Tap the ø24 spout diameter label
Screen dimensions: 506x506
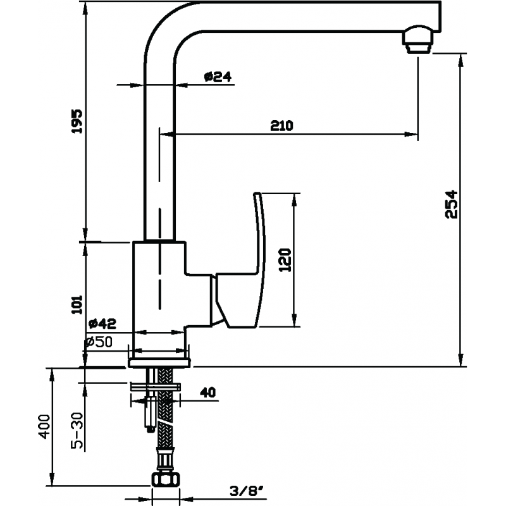[x=218, y=77]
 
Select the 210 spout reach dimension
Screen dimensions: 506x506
[x=281, y=125]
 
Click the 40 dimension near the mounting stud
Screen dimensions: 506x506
[x=208, y=392]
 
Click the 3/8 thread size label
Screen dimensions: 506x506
[x=243, y=490]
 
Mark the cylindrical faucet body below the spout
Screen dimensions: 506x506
[x=160, y=285]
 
